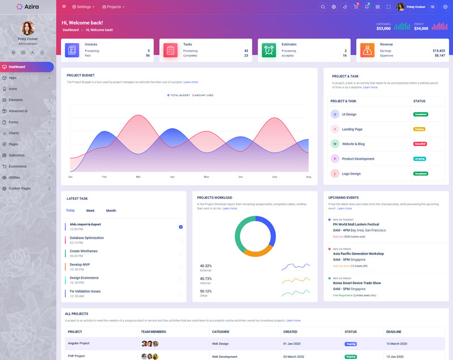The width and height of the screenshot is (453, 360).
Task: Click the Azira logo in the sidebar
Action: click(x=28, y=7)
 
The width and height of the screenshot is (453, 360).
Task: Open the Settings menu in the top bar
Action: click(x=83, y=7)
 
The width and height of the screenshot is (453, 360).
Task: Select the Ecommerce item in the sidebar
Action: click(x=18, y=166)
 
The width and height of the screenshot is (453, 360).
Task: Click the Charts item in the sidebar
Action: click(x=14, y=133)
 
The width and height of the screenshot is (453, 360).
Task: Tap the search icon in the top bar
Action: click(x=323, y=7)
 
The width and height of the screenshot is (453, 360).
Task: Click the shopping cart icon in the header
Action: click(x=356, y=7)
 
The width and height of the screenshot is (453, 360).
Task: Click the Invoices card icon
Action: click(x=72, y=50)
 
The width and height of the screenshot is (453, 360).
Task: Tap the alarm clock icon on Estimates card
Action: click(x=269, y=50)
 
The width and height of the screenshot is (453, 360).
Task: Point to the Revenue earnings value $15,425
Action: click(x=438, y=50)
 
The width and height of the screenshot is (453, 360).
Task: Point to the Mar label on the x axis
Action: click(x=138, y=177)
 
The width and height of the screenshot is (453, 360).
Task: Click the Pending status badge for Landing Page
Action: click(x=420, y=129)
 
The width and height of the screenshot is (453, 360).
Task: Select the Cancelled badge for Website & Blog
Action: click(x=420, y=144)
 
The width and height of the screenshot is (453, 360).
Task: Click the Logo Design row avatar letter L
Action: click(x=335, y=173)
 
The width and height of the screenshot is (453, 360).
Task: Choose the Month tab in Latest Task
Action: click(x=111, y=211)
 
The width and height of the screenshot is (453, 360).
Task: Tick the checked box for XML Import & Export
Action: click(x=181, y=226)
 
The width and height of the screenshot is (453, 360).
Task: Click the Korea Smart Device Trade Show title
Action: click(x=357, y=283)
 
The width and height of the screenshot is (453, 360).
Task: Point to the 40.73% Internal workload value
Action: click(x=206, y=278)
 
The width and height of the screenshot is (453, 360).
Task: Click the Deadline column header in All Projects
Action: click(x=394, y=332)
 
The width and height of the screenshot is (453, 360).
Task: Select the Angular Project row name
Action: click(x=79, y=343)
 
